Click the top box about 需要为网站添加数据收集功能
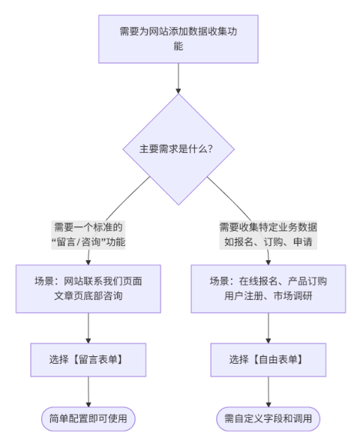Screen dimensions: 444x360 pyautogui.click(x=178, y=39)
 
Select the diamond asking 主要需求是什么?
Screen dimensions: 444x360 pyautogui.click(x=178, y=148)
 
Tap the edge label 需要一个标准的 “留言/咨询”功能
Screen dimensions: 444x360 pyautogui.click(x=88, y=234)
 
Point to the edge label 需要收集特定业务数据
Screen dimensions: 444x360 pyautogui.click(x=268, y=226)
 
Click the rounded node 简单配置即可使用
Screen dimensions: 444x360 pyautogui.click(x=88, y=418)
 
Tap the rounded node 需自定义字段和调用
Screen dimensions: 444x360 pyautogui.click(x=268, y=418)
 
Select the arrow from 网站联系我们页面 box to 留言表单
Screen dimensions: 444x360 pyautogui.click(x=88, y=326)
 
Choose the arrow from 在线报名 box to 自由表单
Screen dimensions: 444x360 pyautogui.click(x=268, y=326)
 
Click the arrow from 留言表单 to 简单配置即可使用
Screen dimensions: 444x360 pyautogui.click(x=88, y=391)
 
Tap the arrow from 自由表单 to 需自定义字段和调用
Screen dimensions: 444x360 pyautogui.click(x=268, y=391)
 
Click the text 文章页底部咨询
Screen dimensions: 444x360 pyautogui.click(x=88, y=296)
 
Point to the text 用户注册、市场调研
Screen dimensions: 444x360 pyautogui.click(x=268, y=296)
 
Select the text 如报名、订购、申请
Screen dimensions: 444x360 pyautogui.click(x=268, y=241)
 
